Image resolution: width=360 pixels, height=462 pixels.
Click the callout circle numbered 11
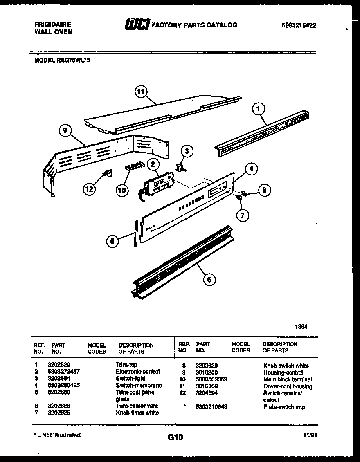(141, 92)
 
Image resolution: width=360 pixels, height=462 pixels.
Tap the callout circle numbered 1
(258, 109)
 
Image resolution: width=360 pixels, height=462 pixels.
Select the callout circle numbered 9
(65, 131)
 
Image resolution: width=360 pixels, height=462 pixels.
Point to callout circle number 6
(209, 279)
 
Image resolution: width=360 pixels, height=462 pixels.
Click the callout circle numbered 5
(113, 241)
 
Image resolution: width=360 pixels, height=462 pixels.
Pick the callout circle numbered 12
(89, 189)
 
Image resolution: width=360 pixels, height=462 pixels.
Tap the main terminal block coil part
(134, 166)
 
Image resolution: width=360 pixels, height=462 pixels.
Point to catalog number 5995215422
(299, 25)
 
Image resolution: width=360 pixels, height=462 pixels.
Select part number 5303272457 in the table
(69, 372)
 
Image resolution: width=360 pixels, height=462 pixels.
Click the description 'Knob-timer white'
(137, 413)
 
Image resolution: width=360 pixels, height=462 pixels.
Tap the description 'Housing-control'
(283, 372)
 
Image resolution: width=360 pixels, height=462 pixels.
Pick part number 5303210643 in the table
(211, 407)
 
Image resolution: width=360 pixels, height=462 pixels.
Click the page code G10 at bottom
(175, 437)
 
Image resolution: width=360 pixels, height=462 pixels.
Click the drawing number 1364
(301, 327)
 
